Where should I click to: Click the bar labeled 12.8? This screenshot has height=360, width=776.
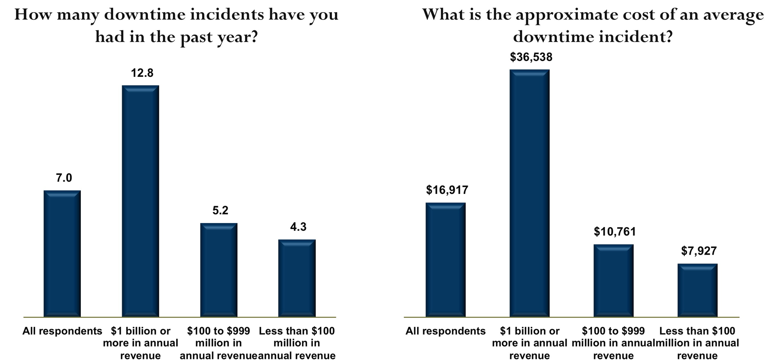(141, 201)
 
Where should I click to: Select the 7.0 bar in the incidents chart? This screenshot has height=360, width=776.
(62, 253)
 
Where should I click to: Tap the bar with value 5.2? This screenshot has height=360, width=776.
(219, 269)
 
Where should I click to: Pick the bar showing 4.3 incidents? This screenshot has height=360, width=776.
(297, 278)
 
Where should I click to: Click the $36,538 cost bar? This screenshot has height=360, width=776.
(529, 193)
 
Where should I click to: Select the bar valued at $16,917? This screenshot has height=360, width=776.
(446, 259)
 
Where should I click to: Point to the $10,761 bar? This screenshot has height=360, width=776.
(614, 280)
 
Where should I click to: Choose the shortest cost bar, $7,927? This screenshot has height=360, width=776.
(698, 290)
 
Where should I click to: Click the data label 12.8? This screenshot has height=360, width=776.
(142, 73)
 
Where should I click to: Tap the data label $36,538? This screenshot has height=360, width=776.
(531, 57)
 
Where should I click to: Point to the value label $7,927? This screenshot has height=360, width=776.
(699, 251)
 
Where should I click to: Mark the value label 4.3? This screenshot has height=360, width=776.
(298, 227)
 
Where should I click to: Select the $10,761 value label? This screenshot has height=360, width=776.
(615, 232)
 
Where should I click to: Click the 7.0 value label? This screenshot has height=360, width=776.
(64, 178)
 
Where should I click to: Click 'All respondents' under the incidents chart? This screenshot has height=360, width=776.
(62, 331)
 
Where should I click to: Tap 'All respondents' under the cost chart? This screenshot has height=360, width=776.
(445, 331)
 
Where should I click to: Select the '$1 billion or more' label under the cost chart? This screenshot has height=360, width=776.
(529, 343)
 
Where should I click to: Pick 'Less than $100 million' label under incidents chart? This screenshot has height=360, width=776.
(297, 343)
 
